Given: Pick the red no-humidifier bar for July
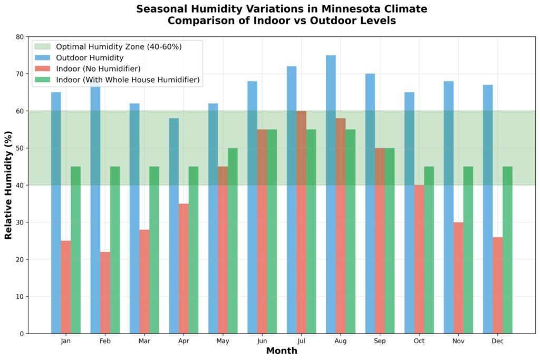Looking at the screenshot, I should point(301,222).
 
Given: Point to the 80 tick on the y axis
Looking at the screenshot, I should point(20,37).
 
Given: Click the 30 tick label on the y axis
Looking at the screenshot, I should point(20,222).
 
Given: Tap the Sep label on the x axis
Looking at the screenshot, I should point(380,342).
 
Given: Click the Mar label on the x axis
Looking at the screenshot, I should point(144,342).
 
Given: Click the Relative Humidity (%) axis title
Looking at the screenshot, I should point(9,185).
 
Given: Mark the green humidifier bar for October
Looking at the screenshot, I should point(429,250).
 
